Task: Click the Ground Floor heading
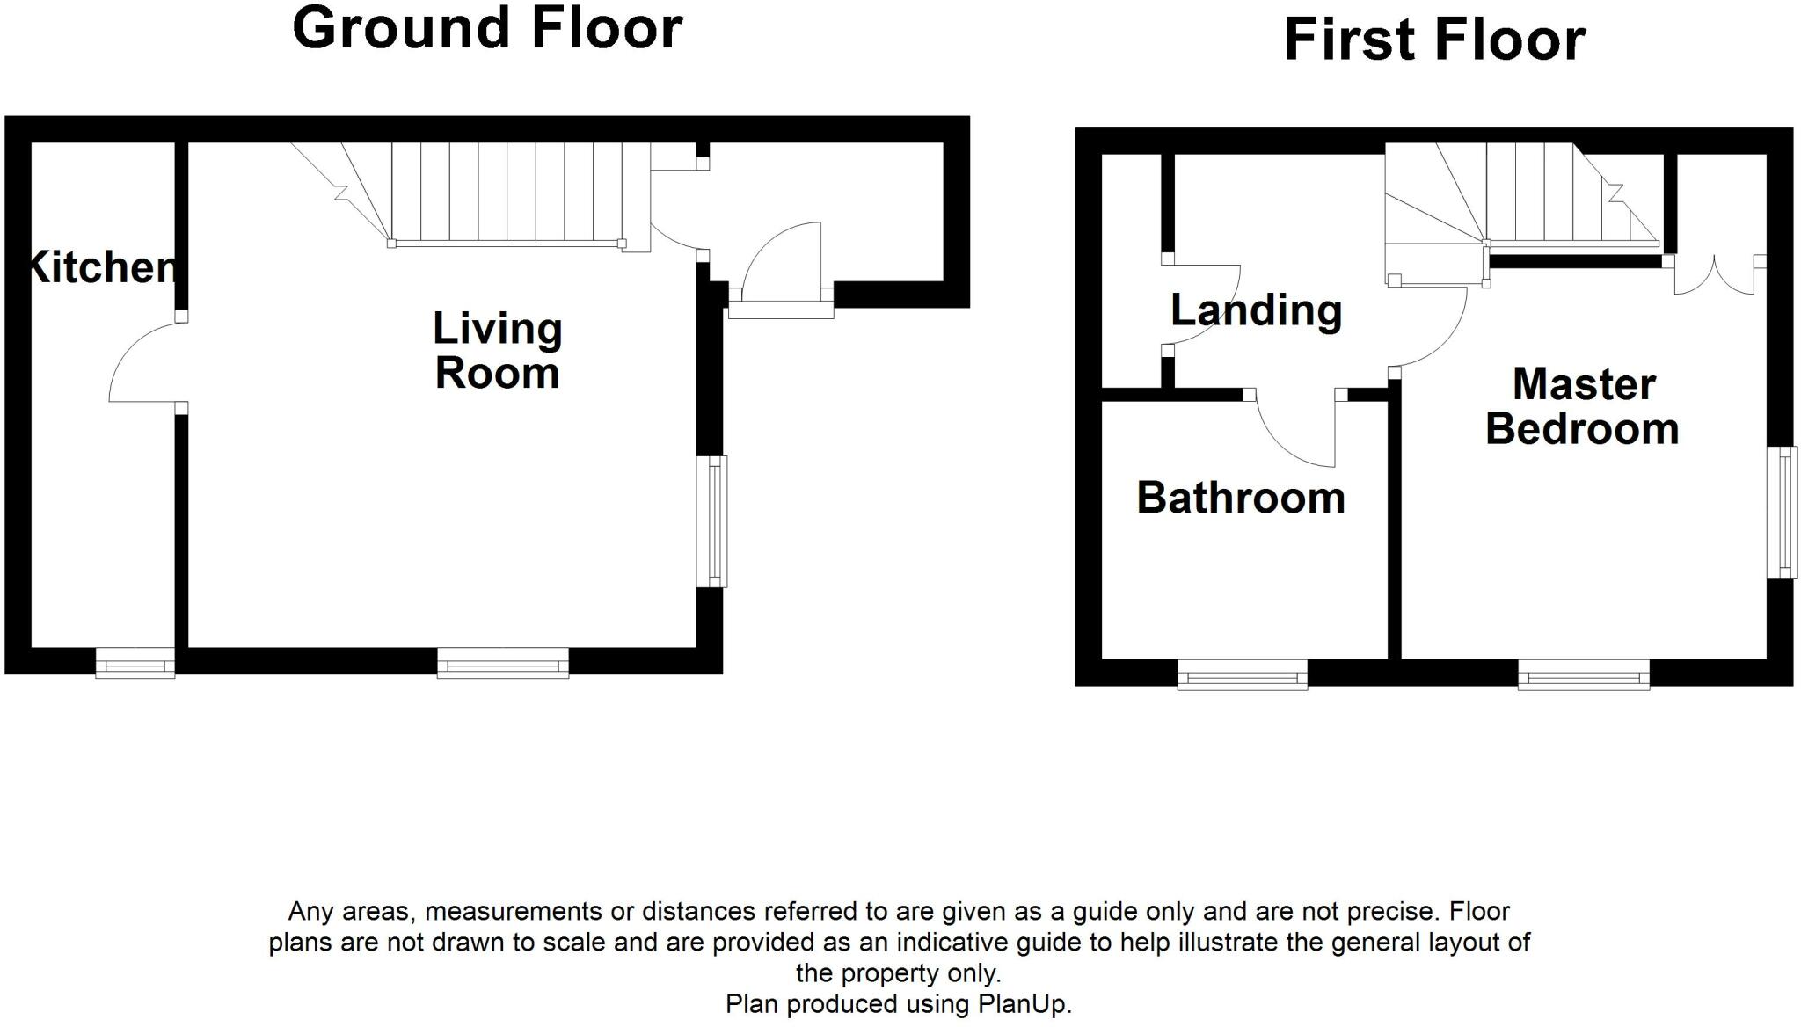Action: (487, 28)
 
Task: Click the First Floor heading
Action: (1434, 40)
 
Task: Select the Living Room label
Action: (498, 350)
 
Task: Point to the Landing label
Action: (1256, 310)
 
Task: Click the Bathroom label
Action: (1241, 498)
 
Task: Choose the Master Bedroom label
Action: (1583, 406)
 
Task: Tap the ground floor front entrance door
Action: (781, 264)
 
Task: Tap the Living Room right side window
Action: (712, 521)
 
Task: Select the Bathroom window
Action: (1242, 675)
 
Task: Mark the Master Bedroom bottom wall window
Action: (1583, 675)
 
